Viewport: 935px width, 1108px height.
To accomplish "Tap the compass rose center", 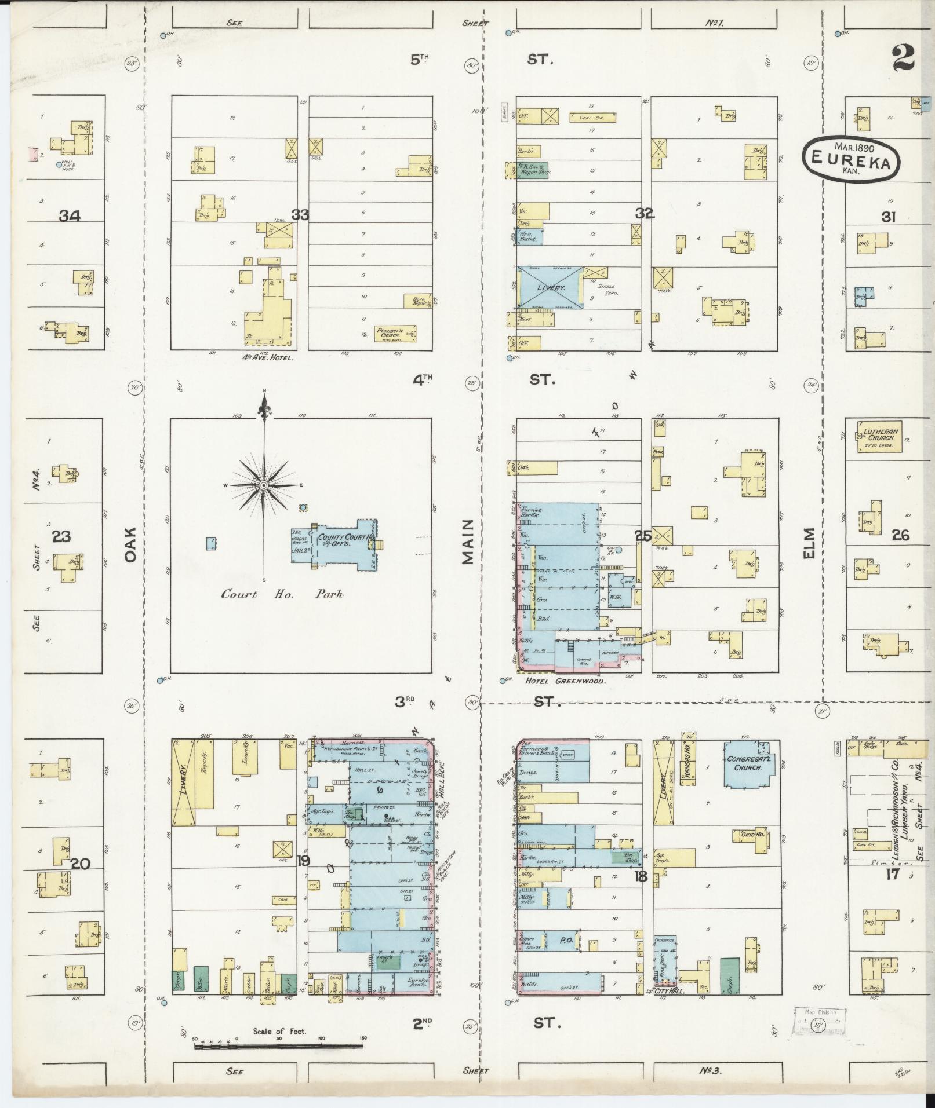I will pos(264,485).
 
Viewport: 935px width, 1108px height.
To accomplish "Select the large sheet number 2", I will pos(903,57).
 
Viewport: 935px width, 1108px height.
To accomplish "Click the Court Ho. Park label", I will pos(282,594).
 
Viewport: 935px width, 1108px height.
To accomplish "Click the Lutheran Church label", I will pos(879,435).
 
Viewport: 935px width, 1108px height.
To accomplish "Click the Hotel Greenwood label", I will pos(565,682).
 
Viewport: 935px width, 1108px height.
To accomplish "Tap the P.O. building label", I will pos(566,941).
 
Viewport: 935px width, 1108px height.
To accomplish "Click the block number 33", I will pos(300,215).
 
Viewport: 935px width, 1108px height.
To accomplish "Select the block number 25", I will pos(642,536).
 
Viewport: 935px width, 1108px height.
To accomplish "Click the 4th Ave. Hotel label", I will pos(267,358).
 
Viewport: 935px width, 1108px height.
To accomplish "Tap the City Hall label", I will pos(669,992).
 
